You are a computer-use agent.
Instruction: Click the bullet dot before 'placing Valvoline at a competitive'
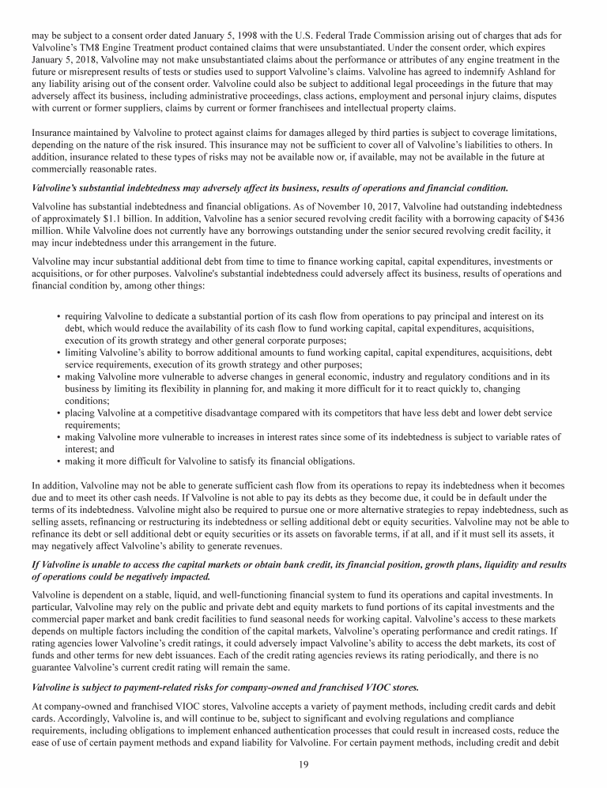click(58, 413)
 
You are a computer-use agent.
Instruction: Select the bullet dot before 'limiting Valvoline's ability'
click(58, 353)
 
